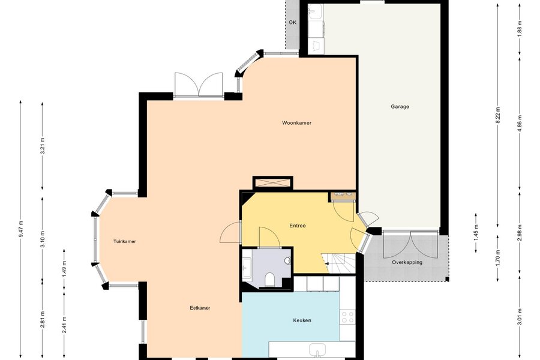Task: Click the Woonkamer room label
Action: [296, 122]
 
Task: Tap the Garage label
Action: [400, 106]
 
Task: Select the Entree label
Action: [298, 226]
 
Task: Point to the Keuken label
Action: [302, 320]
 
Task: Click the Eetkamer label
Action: [200, 308]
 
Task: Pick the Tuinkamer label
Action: [125, 241]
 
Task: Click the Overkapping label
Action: [407, 263]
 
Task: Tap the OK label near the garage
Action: [292, 22]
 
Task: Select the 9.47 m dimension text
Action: [20, 229]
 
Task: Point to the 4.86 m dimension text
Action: [520, 122]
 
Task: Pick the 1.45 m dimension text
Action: [476, 233]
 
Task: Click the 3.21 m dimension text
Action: [43, 146]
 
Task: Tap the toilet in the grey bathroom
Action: [270, 280]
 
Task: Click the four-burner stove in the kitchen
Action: [347, 317]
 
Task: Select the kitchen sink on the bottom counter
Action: [317, 350]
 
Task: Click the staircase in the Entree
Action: [338, 263]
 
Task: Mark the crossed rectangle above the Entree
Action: [273, 183]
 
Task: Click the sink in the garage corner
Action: [316, 11]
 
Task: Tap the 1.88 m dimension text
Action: [520, 28]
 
